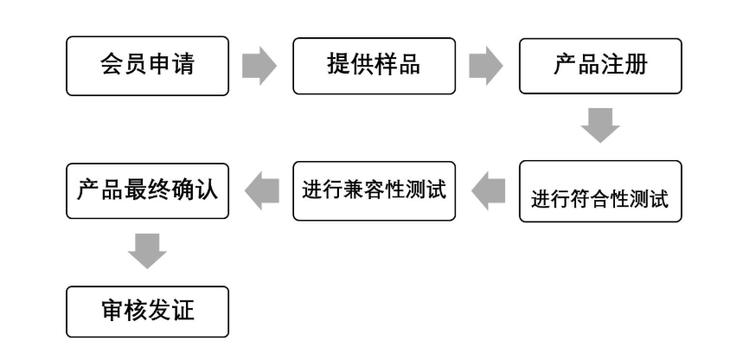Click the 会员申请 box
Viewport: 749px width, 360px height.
148,65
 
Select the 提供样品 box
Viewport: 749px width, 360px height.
374,65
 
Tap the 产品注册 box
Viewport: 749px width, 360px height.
600,65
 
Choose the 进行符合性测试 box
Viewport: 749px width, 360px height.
600,192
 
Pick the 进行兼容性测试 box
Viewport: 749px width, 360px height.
374,190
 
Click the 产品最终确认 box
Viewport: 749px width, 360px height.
148,190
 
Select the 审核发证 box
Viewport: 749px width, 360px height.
148,311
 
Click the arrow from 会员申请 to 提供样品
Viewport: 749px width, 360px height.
259,66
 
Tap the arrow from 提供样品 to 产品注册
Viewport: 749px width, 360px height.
485,66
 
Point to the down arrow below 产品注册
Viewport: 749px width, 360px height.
600,125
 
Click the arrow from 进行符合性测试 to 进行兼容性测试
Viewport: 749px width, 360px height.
488,190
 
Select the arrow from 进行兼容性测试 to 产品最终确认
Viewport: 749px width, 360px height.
262,190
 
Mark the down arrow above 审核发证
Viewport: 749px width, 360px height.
147,252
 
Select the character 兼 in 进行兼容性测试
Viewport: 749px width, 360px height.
355,190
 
